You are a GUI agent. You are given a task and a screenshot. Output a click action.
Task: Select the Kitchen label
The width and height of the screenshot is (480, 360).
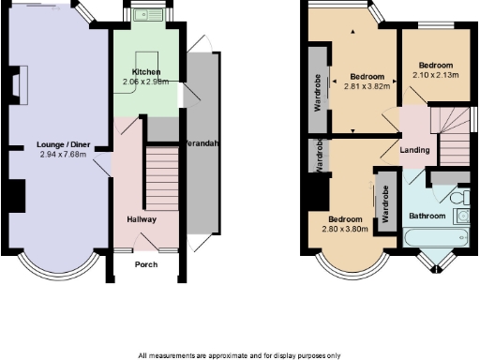coord(145,72)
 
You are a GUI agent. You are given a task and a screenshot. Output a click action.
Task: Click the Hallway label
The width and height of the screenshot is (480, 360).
coord(142,219)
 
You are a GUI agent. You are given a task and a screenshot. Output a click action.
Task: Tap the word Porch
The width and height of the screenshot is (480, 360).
coord(146,264)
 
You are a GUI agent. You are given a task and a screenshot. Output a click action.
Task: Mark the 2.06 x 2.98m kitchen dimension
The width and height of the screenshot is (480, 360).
coord(145,82)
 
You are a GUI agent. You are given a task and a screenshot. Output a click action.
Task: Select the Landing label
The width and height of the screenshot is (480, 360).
coord(414,150)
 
